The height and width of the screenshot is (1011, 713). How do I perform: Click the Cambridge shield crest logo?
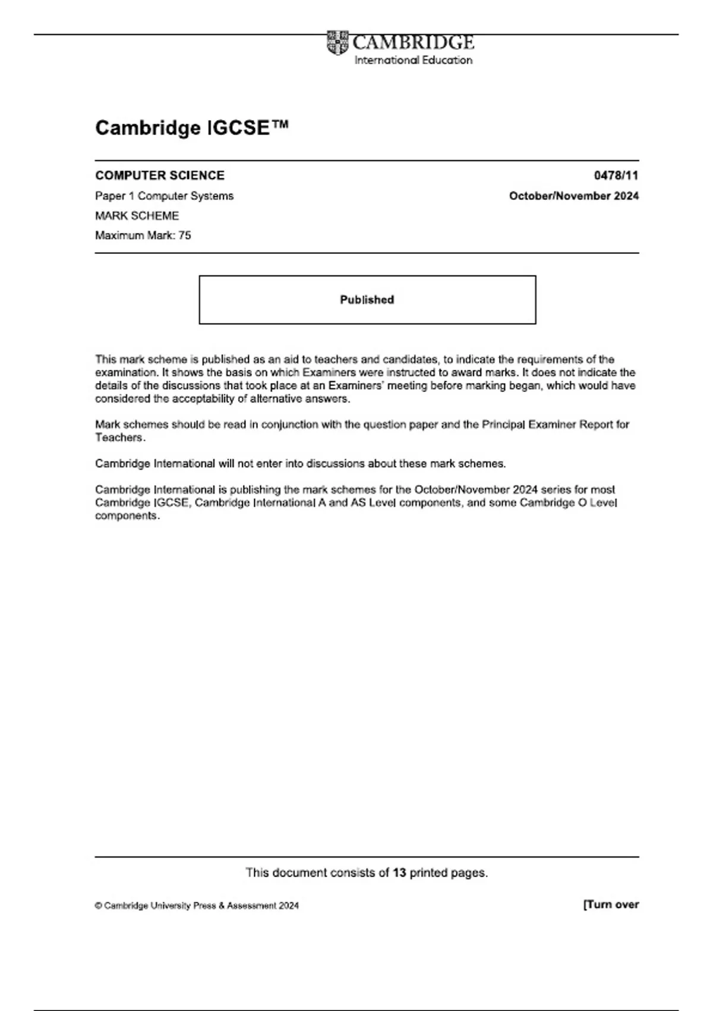point(337,43)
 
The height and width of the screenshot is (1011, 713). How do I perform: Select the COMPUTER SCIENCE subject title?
point(160,175)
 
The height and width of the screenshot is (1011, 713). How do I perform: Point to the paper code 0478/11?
point(616,175)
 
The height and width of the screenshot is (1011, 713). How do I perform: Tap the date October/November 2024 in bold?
point(573,196)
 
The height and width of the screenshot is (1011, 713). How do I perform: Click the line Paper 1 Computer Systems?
point(164,196)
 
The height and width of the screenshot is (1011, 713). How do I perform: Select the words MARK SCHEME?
point(137,215)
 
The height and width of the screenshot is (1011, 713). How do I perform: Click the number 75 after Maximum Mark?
point(184,236)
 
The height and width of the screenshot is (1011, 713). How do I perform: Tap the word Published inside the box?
point(367,300)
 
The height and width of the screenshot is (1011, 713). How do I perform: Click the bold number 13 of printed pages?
point(399,872)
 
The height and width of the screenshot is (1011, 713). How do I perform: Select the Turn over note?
point(611,905)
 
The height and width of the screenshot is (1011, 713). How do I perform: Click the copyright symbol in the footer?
point(98,906)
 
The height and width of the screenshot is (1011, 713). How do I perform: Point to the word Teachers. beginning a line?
point(120,438)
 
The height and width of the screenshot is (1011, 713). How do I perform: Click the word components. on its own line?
point(127,516)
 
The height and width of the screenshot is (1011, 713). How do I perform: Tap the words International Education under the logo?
point(413,60)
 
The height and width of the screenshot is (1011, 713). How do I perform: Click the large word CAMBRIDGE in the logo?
point(413,42)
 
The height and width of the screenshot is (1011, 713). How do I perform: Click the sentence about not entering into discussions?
point(300,464)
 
